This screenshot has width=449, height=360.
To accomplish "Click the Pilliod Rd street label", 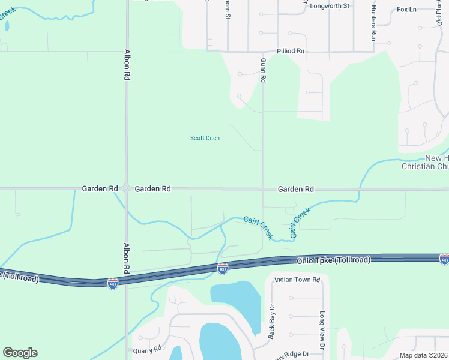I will click(291, 52).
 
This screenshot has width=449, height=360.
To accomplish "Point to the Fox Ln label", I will click(406, 10).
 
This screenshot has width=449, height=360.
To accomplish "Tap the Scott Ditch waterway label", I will click(205, 138).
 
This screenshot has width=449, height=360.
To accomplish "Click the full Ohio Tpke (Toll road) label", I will click(333, 260).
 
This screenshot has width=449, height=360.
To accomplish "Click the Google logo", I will click(20, 353).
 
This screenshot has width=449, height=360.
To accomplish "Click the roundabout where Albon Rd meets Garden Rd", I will click(126, 188).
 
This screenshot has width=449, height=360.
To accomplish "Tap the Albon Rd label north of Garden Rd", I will click(127, 65).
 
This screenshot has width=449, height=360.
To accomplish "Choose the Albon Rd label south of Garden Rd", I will click(127, 257).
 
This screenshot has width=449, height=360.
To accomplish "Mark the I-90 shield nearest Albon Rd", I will click(113, 283).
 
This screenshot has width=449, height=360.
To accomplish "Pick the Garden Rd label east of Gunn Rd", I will click(295, 189).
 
